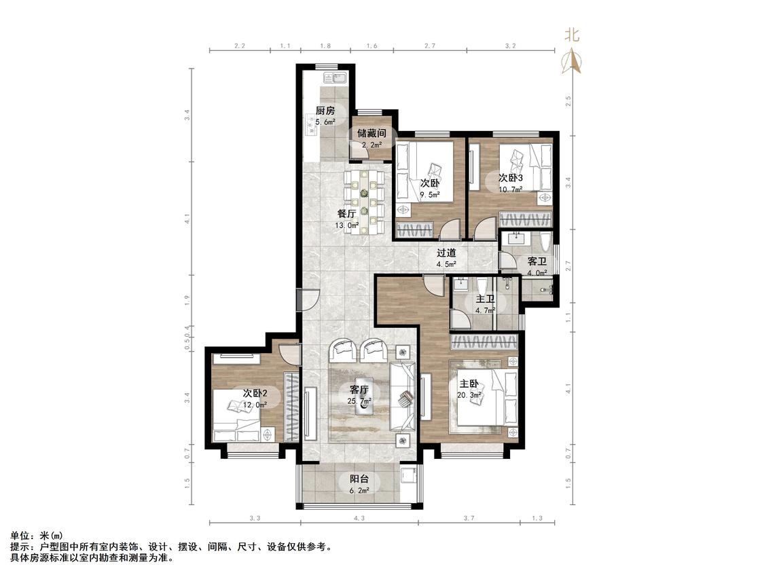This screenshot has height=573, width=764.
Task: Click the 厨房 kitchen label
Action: click(x=325, y=111)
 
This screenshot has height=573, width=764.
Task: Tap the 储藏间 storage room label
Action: click(x=371, y=133)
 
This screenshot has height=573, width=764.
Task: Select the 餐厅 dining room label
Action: click(x=346, y=213)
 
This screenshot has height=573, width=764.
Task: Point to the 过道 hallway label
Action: click(x=446, y=253)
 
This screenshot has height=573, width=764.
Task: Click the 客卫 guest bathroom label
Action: click(x=537, y=261)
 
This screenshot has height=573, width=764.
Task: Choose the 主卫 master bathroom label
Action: click(x=486, y=299)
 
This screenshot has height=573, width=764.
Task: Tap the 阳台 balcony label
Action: click(x=359, y=479)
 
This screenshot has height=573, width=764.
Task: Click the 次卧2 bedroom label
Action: click(x=255, y=392)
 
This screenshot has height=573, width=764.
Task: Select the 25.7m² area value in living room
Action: click(x=359, y=401)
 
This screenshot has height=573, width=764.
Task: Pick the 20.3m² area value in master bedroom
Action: click(x=469, y=395)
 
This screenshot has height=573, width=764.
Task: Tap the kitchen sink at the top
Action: click(x=334, y=79)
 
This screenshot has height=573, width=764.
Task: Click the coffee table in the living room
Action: click(x=364, y=395)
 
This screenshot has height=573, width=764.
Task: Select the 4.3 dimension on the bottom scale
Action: click(x=359, y=519)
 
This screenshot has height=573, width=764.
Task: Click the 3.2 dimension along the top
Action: click(x=510, y=45)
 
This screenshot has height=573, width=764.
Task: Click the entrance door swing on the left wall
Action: click(x=310, y=299)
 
